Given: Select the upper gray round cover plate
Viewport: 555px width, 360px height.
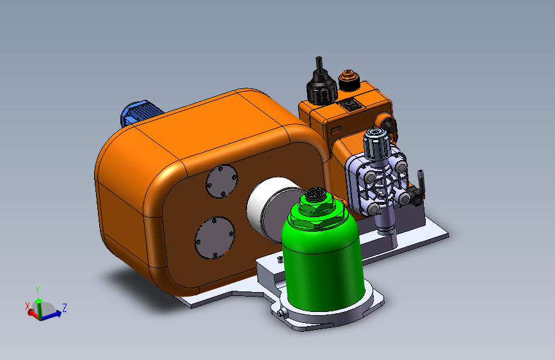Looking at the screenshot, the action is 222,181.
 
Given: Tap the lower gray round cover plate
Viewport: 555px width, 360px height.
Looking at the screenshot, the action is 215,238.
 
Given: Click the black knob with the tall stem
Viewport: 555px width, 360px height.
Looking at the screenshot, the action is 321,83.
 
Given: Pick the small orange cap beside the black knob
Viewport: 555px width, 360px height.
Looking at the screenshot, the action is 350,80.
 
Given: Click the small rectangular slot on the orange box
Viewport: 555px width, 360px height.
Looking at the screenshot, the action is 335,130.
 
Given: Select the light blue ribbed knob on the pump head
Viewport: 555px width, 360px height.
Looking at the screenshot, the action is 377,143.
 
